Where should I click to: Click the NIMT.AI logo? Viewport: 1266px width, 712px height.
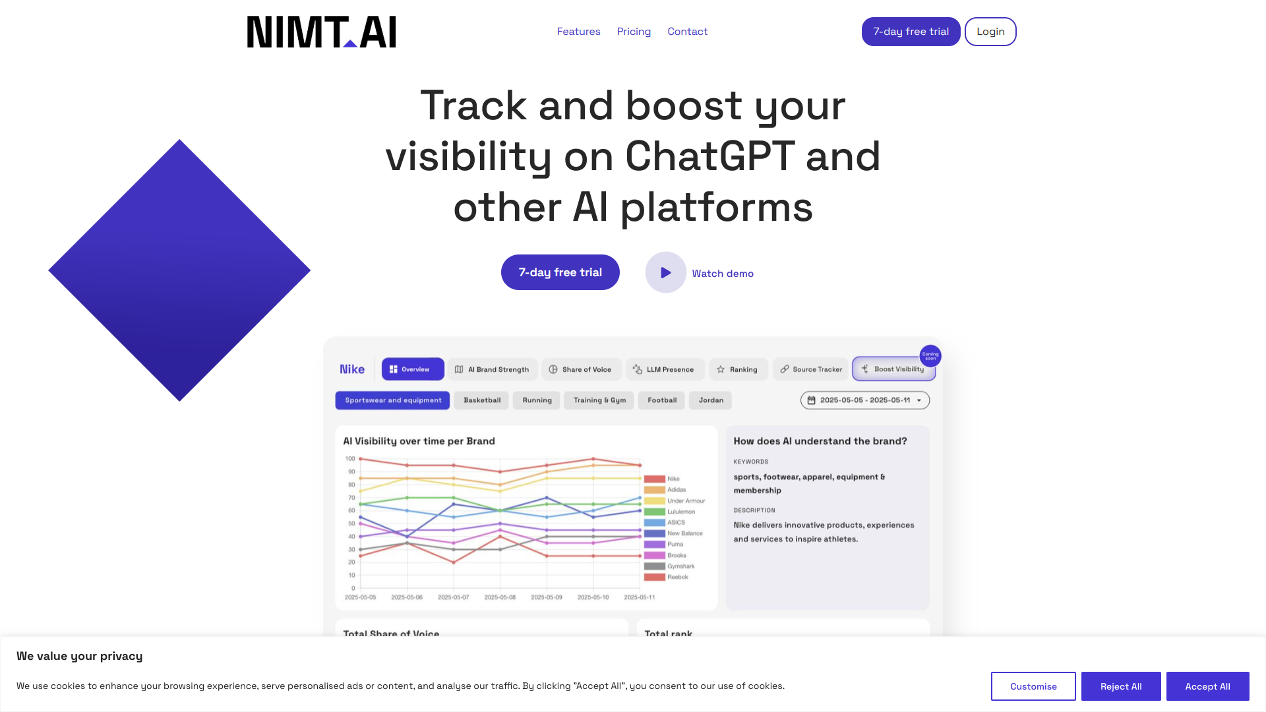click(321, 32)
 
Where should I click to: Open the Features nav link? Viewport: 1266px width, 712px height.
click(578, 32)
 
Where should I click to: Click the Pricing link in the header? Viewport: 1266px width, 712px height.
click(634, 32)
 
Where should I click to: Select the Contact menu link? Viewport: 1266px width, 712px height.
click(687, 32)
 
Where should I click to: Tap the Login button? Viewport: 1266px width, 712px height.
click(990, 32)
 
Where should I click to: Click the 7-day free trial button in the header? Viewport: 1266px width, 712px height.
click(911, 32)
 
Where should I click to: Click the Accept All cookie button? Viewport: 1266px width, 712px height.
click(1207, 686)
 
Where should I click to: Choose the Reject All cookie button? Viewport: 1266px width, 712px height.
click(1120, 686)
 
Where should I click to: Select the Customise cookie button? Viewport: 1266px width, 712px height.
click(1033, 686)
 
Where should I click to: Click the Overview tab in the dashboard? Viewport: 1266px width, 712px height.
click(412, 369)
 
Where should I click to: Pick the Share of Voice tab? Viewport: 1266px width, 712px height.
click(580, 369)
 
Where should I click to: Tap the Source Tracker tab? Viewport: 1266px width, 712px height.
click(810, 369)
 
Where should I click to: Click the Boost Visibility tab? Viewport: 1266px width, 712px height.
click(893, 369)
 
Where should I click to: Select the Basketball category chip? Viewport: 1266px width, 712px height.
click(481, 400)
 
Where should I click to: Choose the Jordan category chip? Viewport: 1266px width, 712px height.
click(710, 400)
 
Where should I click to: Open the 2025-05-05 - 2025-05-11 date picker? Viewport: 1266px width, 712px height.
click(864, 400)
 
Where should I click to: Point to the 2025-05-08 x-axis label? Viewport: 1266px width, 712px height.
click(500, 597)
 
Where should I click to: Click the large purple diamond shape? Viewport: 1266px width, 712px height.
click(179, 270)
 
